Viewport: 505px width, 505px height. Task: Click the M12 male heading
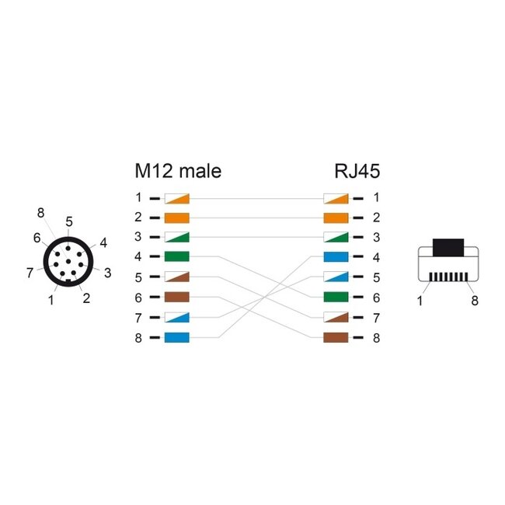pyautogui.click(x=177, y=171)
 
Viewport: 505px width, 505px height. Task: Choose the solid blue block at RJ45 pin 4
pyautogui.click(x=335, y=257)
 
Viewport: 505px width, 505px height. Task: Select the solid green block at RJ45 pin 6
pyautogui.click(x=335, y=298)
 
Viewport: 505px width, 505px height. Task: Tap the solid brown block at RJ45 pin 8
pyautogui.click(x=335, y=337)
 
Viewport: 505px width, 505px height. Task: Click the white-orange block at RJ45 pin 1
pyautogui.click(x=335, y=198)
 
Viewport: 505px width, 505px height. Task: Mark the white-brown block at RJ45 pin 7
pyautogui.click(x=335, y=317)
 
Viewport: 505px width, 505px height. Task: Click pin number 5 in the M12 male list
pyautogui.click(x=138, y=277)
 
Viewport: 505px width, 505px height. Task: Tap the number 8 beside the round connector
pyautogui.click(x=40, y=212)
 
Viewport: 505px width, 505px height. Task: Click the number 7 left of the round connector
pyautogui.click(x=30, y=272)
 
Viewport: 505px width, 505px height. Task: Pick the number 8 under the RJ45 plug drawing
pyautogui.click(x=473, y=300)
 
